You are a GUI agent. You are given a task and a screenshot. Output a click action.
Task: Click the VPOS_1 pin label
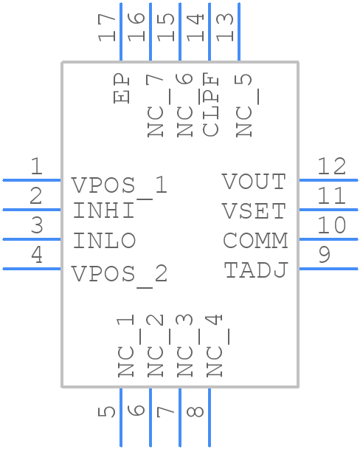pyautogui.click(x=120, y=185)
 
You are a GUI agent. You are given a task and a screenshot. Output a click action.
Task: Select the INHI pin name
pyautogui.click(x=104, y=211)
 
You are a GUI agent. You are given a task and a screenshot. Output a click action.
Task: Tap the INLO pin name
pyautogui.click(x=104, y=241)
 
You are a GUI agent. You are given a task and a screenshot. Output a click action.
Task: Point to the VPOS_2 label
pyautogui.click(x=120, y=275)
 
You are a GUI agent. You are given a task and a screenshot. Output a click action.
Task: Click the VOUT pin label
pyautogui.click(x=254, y=182)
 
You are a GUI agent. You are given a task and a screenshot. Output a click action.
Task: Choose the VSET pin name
pyautogui.click(x=254, y=211)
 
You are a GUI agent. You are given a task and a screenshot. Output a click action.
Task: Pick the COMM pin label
pyautogui.click(x=255, y=241)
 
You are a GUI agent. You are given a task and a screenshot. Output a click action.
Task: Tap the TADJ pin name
pyautogui.click(x=255, y=270)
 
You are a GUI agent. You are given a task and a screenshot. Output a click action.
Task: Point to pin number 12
pyautogui.click(x=331, y=166)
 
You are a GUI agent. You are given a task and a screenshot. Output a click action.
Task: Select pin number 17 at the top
pyautogui.click(x=108, y=27)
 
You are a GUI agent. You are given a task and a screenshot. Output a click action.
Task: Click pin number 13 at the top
pyautogui.click(x=226, y=27)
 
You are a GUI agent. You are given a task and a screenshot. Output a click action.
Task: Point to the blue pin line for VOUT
pyautogui.click(x=328, y=179)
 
